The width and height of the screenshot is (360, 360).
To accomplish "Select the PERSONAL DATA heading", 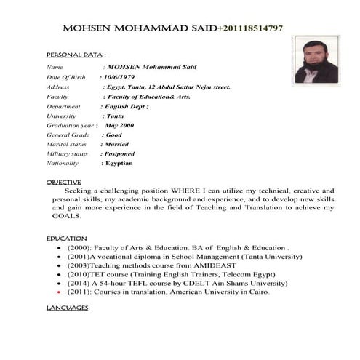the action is pyautogui.click(x=74, y=55).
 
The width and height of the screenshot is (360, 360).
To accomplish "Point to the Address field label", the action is pyautogui.click(x=57, y=87).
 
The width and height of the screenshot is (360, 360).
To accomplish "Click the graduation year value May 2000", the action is pyautogui.click(x=120, y=125).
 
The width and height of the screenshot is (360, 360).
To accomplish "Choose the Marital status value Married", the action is pyautogui.click(x=118, y=144).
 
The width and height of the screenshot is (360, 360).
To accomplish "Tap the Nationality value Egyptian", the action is pyautogui.click(x=120, y=164).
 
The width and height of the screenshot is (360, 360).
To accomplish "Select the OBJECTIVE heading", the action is pyautogui.click(x=64, y=181).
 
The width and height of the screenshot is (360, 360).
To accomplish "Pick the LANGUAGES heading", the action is pyautogui.click(x=67, y=308).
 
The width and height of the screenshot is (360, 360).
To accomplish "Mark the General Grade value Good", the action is pyautogui.click(x=114, y=135).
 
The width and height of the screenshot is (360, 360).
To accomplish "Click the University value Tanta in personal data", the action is pyautogui.click(x=114, y=116).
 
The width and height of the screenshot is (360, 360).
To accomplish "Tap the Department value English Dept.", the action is pyautogui.click(x=125, y=106).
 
